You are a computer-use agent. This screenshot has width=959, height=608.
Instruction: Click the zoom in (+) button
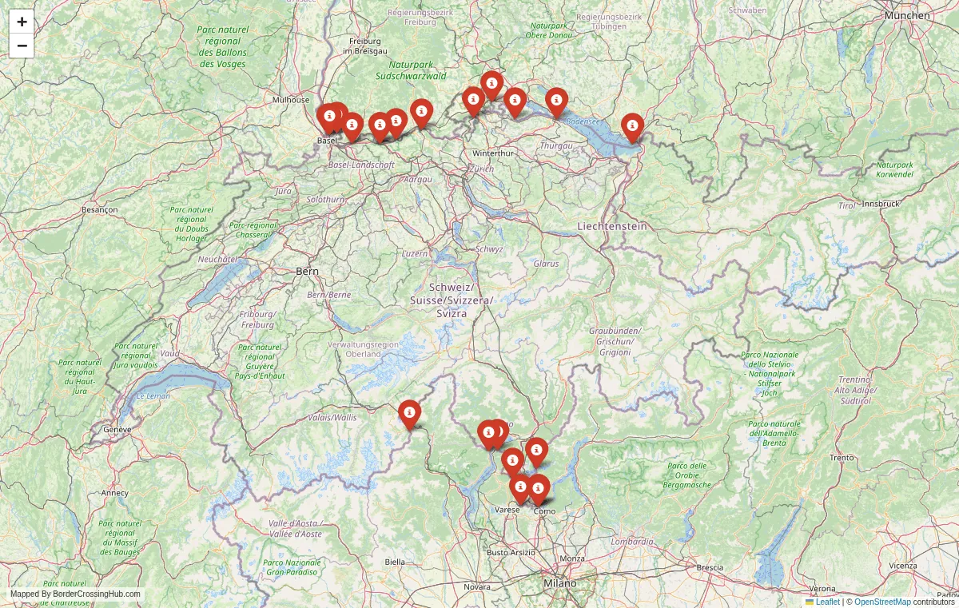pos(22,22)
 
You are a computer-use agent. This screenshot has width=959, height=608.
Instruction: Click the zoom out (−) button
pos(22,46)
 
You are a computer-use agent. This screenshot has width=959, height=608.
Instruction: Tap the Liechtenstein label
pos(611,227)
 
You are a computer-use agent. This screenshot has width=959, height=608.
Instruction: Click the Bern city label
pos(307,272)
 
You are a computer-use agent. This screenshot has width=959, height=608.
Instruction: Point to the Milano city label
pos(559,583)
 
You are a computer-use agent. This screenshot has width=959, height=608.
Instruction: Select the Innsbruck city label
pos(880,204)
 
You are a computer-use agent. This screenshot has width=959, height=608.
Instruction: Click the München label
pos(907,15)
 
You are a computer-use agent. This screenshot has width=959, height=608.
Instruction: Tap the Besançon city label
pos(100,209)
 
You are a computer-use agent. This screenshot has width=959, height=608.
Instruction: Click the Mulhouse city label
pos(291,100)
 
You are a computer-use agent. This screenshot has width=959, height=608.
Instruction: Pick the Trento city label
pos(842,458)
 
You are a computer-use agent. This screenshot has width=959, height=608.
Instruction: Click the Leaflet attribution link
pos(827,602)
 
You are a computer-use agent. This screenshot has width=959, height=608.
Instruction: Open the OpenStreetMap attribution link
pos(882,602)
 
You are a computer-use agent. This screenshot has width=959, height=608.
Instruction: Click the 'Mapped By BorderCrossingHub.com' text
pos(75,594)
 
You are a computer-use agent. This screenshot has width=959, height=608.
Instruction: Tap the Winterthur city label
pos(491,153)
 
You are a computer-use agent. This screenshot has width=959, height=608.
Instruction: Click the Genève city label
pos(117,429)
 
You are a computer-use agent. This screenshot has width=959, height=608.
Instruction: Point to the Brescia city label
pos(710,568)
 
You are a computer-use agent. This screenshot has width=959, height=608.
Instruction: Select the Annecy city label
pos(114,493)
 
